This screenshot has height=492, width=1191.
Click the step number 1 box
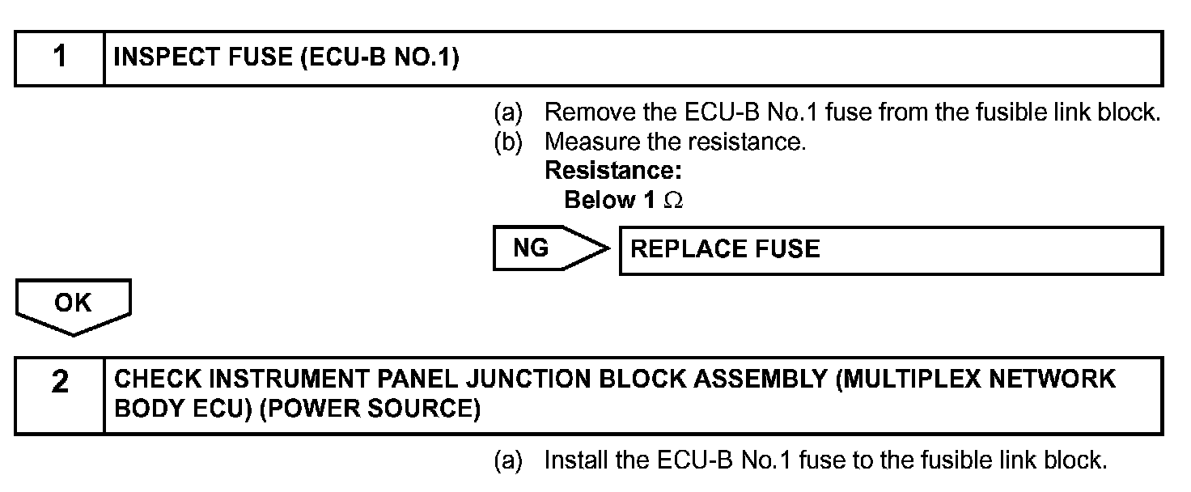(x=60, y=57)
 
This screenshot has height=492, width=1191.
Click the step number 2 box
(x=60, y=396)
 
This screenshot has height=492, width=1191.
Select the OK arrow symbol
(x=73, y=305)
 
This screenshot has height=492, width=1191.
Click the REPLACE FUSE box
(x=890, y=250)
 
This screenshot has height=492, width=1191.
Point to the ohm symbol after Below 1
(x=672, y=201)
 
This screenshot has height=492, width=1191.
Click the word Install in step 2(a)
(x=576, y=460)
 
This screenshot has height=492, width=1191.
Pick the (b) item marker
(x=509, y=142)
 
